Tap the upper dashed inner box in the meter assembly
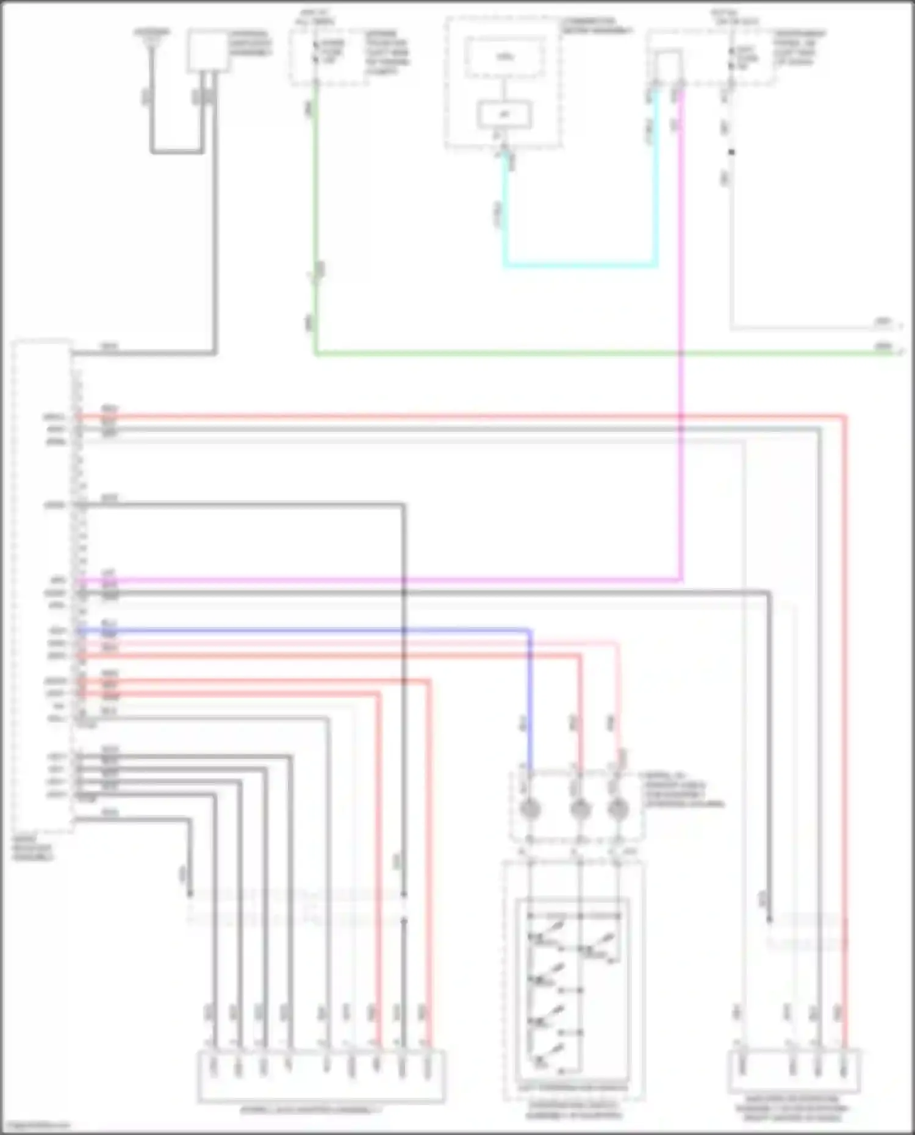[504, 57]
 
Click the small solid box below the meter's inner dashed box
[504, 115]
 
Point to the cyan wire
[579, 265]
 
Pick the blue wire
[305, 630]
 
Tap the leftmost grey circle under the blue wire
[529, 810]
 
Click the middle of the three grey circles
[579, 810]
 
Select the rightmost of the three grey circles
[618, 810]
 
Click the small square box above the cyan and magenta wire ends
[668, 65]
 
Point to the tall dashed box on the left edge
[43, 585]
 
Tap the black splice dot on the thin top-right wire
[731, 152]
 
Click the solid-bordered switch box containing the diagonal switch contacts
[572, 985]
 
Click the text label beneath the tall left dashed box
[34, 848]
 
